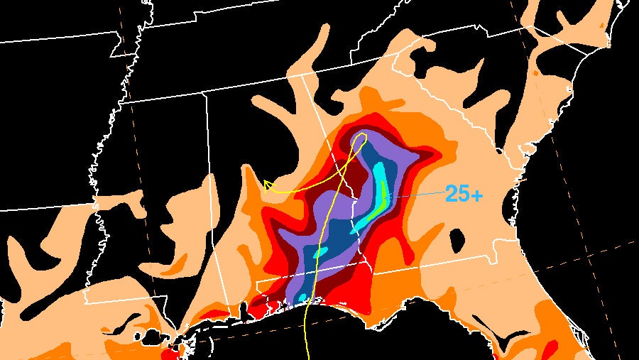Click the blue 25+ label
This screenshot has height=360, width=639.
464,193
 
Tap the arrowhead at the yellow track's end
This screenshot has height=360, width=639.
268,185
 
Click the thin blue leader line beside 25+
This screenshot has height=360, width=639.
419,195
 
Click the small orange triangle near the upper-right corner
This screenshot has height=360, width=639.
603,24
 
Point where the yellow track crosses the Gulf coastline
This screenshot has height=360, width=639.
307,306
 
